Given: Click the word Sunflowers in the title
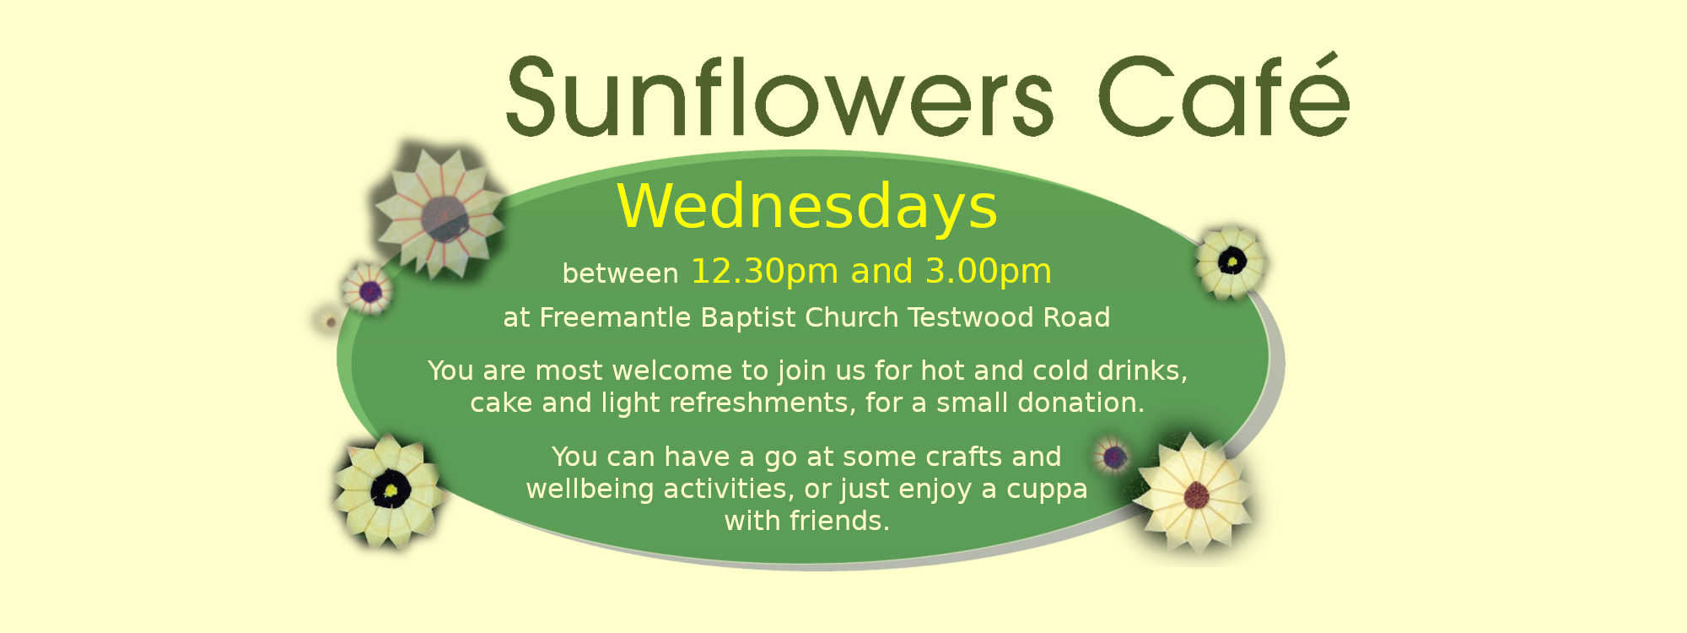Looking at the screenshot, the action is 780,96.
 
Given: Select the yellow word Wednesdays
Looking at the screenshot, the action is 807,207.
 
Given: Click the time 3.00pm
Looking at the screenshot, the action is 989,272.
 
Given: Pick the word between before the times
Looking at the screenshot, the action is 620,273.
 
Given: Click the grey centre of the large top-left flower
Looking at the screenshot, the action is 445,218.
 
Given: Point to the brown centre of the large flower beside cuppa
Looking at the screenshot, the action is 1196,495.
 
